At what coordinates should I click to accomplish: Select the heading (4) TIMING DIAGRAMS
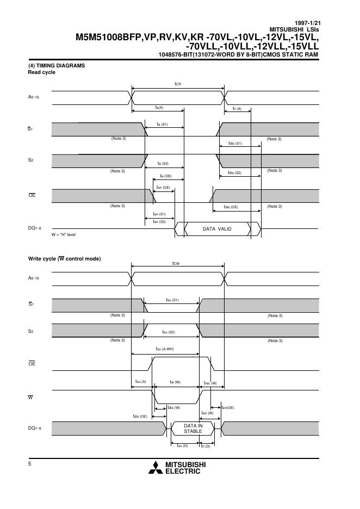[x=57, y=66]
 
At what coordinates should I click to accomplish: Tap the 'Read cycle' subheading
[x=41, y=72]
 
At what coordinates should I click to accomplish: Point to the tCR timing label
[x=178, y=84]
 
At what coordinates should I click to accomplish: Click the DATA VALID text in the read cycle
[x=217, y=229]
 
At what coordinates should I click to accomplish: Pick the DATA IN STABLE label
[x=193, y=428]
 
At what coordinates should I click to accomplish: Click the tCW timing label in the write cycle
[x=176, y=264]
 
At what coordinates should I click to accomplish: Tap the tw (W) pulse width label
[x=175, y=382]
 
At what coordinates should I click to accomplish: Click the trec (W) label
[x=210, y=383]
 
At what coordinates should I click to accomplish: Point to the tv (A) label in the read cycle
[x=237, y=109]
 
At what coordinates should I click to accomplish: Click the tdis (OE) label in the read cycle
[x=231, y=207]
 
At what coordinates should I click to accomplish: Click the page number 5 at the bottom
[x=30, y=463]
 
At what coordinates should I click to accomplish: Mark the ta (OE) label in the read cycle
[x=165, y=176]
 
